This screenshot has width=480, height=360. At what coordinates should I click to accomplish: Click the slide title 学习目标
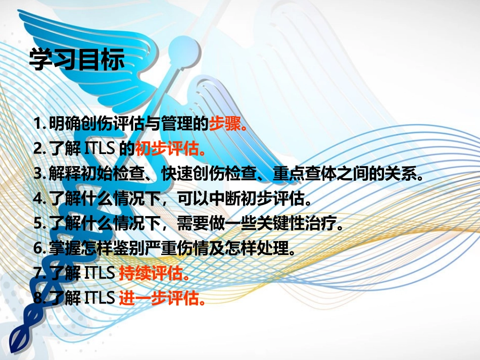pyautogui.click(x=76, y=60)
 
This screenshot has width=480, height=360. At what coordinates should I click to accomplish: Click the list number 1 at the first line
pyautogui.click(x=37, y=124)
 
